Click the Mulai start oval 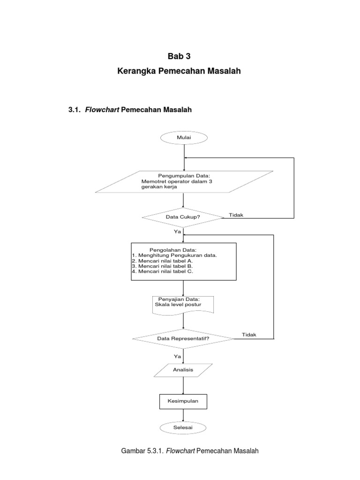[x=184, y=138]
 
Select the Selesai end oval [x=184, y=427]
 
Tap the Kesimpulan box [x=183, y=402]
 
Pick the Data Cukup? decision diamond [x=183, y=217]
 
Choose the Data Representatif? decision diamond [x=183, y=338]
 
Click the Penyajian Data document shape [x=183, y=305]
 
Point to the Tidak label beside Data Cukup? [x=236, y=215]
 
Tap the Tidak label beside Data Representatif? [x=249, y=334]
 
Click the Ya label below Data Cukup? [x=177, y=231]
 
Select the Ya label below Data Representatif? [x=177, y=357]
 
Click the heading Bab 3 [x=180, y=57]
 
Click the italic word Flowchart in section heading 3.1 [x=101, y=110]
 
